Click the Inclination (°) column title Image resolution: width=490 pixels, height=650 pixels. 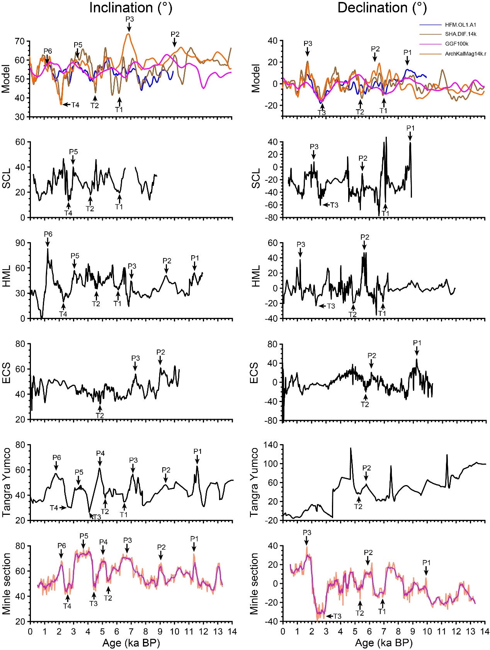131,8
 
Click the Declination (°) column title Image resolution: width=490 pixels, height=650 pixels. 382,8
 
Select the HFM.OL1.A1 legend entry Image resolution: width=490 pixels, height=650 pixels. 460,25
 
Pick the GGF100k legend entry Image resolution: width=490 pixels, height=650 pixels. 456,44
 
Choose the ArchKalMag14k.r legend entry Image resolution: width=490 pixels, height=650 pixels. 465,54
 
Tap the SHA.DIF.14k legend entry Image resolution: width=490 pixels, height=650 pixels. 460,34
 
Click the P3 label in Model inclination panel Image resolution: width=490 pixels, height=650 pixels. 129,19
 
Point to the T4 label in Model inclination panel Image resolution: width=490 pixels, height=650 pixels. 75,105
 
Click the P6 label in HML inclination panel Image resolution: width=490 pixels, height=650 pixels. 48,234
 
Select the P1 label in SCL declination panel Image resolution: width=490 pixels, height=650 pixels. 410,128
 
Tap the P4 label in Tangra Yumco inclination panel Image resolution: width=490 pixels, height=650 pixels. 100,453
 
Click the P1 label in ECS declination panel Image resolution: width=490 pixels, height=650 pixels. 417,343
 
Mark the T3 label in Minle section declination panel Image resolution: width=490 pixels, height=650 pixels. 337,616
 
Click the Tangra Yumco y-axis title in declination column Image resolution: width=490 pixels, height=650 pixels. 254,482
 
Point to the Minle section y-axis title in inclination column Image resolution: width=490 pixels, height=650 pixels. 7,583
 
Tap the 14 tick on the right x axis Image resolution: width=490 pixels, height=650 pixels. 485,631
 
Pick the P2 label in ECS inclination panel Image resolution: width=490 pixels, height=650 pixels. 161,352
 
